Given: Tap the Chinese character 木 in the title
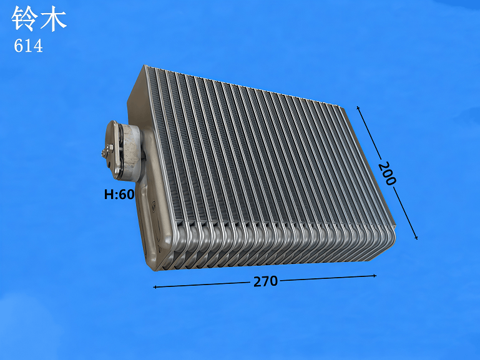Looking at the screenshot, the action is tap(53, 19).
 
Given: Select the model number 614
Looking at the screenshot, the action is tap(28, 46).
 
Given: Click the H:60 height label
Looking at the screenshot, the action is tap(119, 194).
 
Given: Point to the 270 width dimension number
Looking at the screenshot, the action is tap(265, 281).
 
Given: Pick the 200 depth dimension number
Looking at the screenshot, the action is tap(387, 173).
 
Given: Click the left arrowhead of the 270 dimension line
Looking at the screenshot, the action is tap(155, 287).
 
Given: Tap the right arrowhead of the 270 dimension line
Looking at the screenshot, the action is tap(375, 276).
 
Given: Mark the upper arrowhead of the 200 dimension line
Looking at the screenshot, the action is tap(358, 108).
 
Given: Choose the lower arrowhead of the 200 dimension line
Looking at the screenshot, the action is tap(416, 237).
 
